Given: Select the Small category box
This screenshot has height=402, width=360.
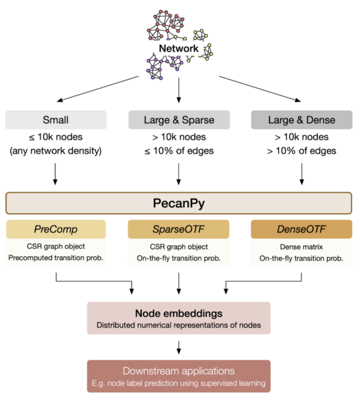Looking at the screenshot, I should pyautogui.click(x=56, y=119).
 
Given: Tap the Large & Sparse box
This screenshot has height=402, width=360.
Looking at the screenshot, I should pyautogui.click(x=179, y=119).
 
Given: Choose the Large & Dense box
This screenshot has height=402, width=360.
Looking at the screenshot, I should pyautogui.click(x=301, y=119).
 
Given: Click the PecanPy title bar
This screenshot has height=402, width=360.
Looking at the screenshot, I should pyautogui.click(x=179, y=203).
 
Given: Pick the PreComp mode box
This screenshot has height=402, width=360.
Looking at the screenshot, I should pyautogui.click(x=56, y=229).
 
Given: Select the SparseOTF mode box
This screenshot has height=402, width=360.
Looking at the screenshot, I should pyautogui.click(x=179, y=229).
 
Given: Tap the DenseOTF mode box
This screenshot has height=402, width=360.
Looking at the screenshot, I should pyautogui.click(x=301, y=229).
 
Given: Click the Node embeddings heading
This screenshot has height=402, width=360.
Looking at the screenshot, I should pyautogui.click(x=178, y=314).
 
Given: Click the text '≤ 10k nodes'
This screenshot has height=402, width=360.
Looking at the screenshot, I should pyautogui.click(x=56, y=137).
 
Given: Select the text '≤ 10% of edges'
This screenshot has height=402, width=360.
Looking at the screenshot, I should pyautogui.click(x=179, y=151).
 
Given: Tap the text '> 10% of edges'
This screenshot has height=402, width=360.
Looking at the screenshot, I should pyautogui.click(x=301, y=151).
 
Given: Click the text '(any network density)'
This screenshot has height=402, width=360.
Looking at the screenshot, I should pyautogui.click(x=56, y=151).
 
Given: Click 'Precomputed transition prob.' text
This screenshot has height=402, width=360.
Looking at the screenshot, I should pyautogui.click(x=56, y=257).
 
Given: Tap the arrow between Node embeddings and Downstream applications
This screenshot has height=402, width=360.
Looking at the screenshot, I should pyautogui.click(x=179, y=347).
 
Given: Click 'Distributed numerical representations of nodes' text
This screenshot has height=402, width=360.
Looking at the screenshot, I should pyautogui.click(x=178, y=326).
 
